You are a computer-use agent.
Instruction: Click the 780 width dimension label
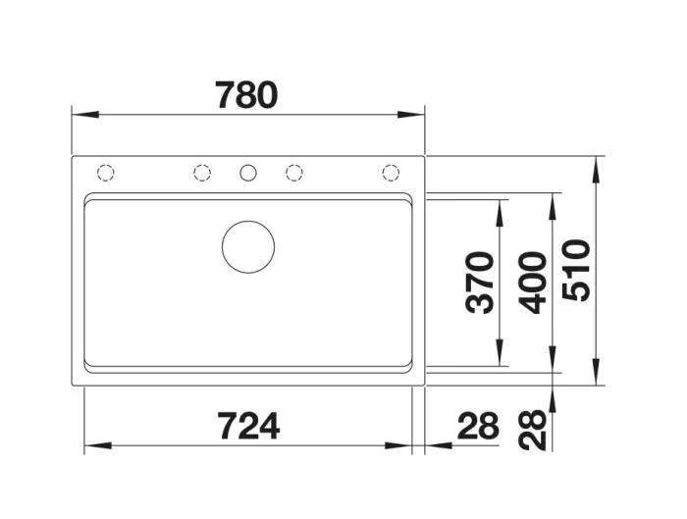click(x=246, y=94)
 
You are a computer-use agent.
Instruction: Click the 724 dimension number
click(x=249, y=426)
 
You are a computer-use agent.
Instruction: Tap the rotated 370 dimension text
click(x=480, y=283)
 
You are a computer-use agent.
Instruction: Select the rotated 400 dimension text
click(x=532, y=283)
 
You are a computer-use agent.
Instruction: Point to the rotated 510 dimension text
click(x=576, y=270)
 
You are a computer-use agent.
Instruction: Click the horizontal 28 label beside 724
click(x=478, y=425)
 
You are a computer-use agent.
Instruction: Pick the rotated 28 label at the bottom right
click(x=532, y=430)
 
